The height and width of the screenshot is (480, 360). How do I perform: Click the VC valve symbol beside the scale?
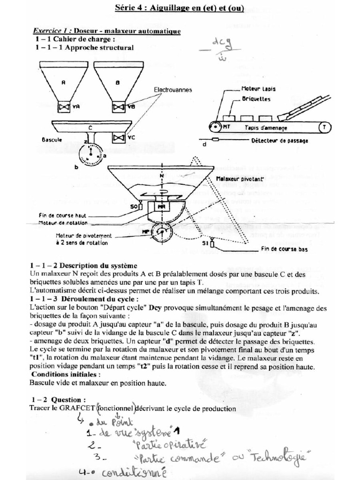coord(118,137)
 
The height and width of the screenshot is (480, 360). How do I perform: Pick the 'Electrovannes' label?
coord(173,90)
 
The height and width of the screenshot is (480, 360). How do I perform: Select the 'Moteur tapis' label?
coord(258,89)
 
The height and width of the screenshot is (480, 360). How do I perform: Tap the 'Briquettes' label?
coord(256,99)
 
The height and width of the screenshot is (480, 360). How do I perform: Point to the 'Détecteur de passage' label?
coord(280,141)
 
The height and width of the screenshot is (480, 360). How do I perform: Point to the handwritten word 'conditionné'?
coord(134,472)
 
